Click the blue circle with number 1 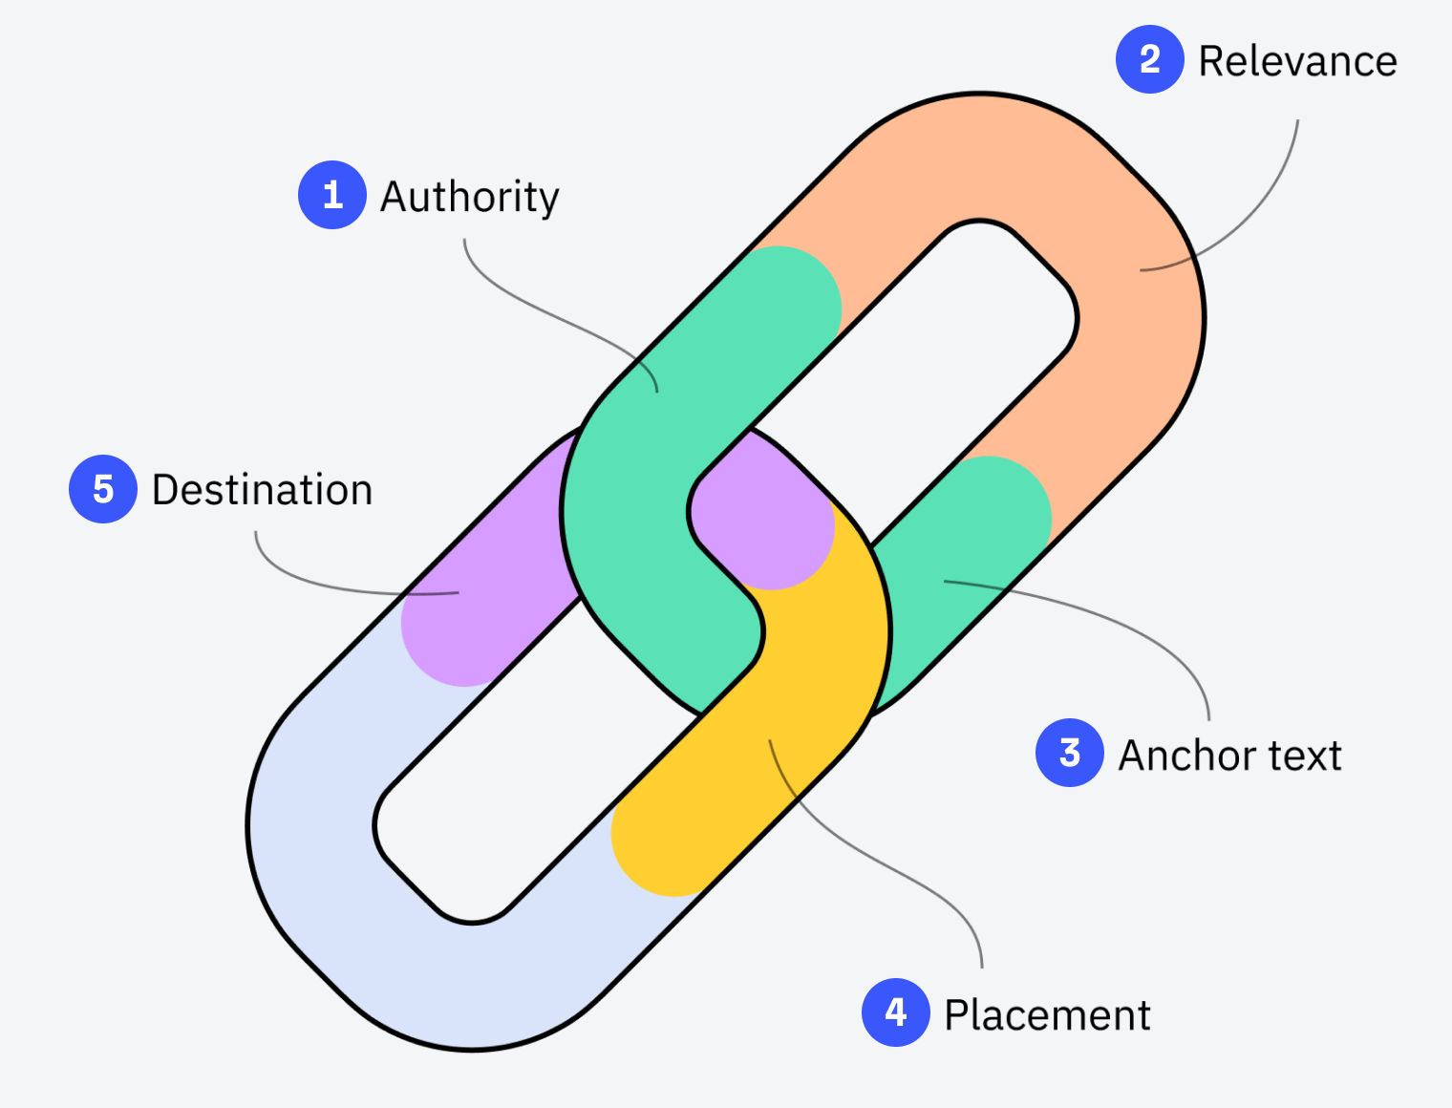331,195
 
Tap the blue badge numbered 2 1149,59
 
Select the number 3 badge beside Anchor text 1069,753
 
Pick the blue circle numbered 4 895,1012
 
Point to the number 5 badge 103,489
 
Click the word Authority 469,197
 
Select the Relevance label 1296,61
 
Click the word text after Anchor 1305,755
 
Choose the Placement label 1046,1014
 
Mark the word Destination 262,490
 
